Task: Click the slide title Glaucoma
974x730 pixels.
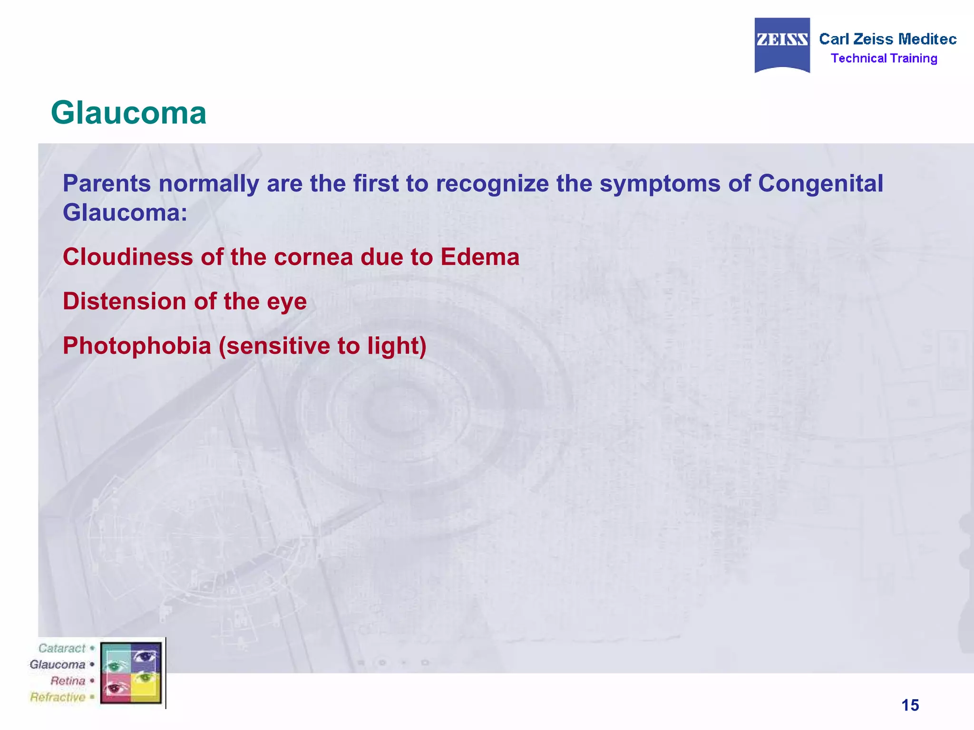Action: coord(128,113)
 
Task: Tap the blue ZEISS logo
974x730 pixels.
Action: coord(782,45)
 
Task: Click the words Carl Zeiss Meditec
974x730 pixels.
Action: coord(887,39)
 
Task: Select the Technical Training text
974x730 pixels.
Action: coord(884,58)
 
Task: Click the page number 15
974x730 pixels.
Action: coord(910,705)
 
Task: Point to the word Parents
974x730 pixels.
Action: coord(107,183)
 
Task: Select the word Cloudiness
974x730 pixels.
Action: coord(127,257)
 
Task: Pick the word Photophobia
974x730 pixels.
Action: coord(136,346)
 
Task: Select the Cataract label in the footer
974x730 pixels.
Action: coord(62,648)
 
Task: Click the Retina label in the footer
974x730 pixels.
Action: coord(68,681)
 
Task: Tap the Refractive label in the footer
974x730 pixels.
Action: coord(58,697)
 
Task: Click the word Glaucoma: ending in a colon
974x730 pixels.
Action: coord(125,212)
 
